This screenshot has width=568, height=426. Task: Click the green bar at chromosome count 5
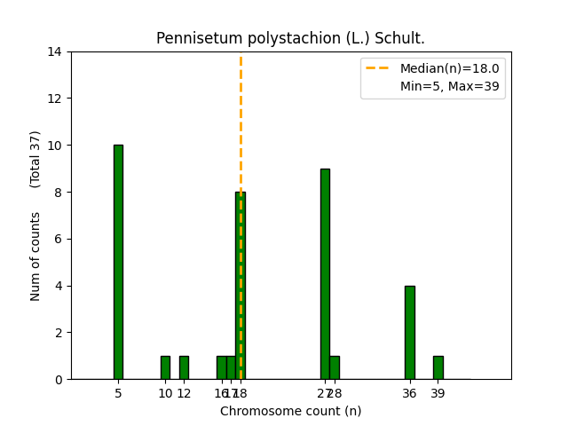pos(118,262)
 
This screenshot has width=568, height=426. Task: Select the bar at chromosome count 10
pos(165,367)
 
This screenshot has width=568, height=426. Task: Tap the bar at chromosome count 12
pos(184,367)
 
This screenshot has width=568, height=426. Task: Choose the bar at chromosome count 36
pos(409,332)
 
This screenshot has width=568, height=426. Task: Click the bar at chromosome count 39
pos(438,367)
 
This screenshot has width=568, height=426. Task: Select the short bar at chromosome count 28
pos(335,367)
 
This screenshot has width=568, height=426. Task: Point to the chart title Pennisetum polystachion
pos(290,38)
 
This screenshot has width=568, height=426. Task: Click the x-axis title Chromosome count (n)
pos(290,411)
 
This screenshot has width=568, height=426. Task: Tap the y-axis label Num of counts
pos(35,256)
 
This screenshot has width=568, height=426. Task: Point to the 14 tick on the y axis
pos(55,51)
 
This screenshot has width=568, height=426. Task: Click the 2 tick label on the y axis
pos(59,333)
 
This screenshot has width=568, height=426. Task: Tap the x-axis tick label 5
pos(118,393)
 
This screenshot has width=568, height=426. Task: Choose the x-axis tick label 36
pos(409,393)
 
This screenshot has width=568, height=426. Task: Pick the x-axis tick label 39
pos(438,393)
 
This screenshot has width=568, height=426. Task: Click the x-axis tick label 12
pos(184,393)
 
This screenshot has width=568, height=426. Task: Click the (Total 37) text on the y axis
pos(35,159)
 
